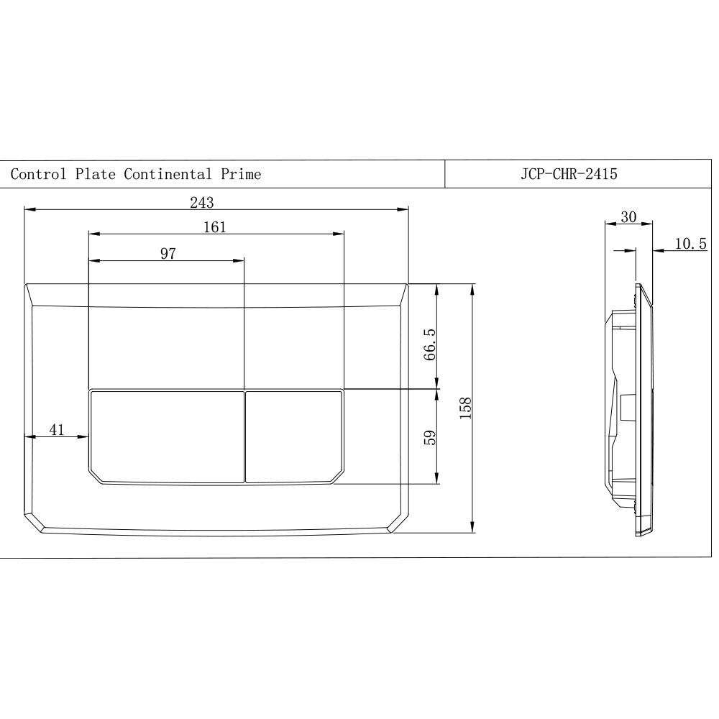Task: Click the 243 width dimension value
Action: click(x=201, y=202)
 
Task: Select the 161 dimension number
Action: click(x=214, y=227)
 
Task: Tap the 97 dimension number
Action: click(x=168, y=253)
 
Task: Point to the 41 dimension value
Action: click(x=57, y=430)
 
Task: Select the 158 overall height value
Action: click(x=465, y=408)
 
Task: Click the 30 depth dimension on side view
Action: click(x=628, y=217)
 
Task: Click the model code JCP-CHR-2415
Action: click(x=569, y=174)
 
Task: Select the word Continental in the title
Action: click(x=168, y=174)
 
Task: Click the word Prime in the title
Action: click(x=241, y=174)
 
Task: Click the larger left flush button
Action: click(x=167, y=436)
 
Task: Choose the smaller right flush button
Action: click(x=294, y=436)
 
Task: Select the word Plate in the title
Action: click(x=96, y=174)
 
